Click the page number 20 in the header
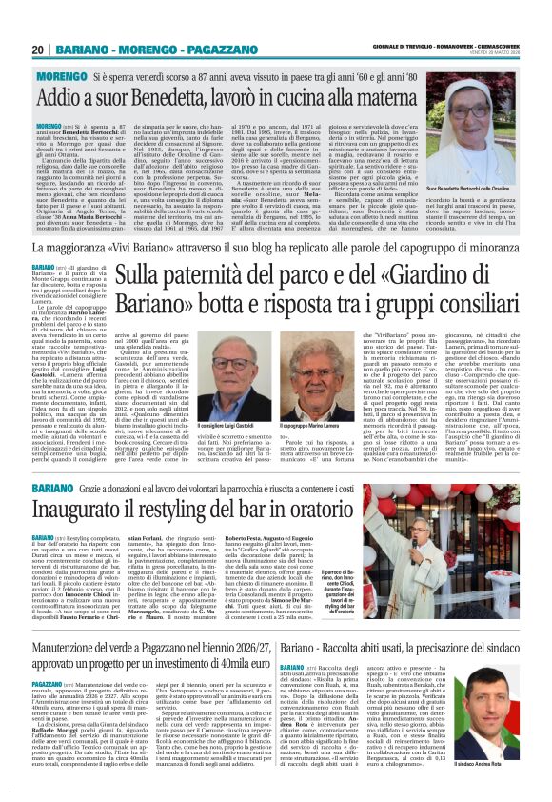(37, 50)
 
